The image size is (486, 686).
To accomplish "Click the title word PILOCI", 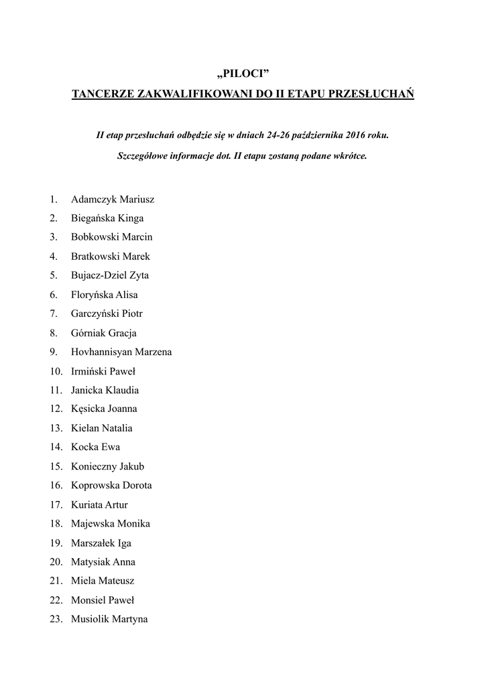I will coord(243,73).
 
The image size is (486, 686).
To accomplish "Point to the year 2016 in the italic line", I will coord(358,135).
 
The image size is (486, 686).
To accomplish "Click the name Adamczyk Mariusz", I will coord(113,199).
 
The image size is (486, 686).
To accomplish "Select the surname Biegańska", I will coord(93,218).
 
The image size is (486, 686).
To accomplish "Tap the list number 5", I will coord(53,275).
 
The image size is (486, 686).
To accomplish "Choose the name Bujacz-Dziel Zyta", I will coord(110,275).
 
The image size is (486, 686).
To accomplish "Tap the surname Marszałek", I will coord(93,543).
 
